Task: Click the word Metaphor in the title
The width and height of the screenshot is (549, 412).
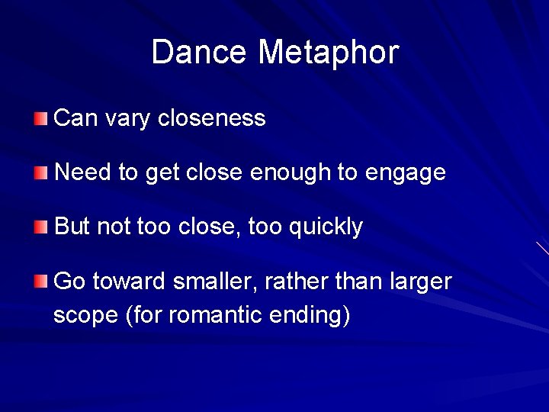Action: coord(329,53)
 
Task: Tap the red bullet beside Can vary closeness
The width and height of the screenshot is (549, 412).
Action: coord(40,118)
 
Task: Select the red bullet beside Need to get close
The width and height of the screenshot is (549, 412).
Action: coord(40,172)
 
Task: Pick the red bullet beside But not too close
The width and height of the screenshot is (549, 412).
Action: coord(40,227)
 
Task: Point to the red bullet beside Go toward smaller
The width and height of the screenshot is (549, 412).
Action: coord(40,282)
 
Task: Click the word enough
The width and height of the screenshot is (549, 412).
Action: coord(291,173)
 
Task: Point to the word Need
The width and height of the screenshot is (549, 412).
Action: coord(83,172)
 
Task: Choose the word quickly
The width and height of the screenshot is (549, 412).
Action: coord(326,227)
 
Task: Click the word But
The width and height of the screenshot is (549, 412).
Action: coord(72,227)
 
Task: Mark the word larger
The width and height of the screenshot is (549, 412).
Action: coord(421,282)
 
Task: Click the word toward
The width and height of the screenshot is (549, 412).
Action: coord(130,282)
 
